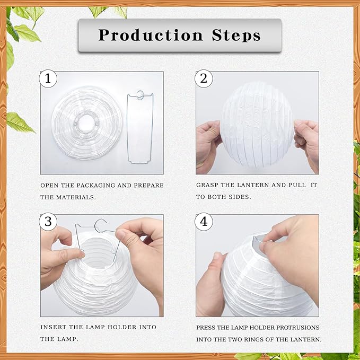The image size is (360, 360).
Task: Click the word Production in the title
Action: click(x=150, y=36)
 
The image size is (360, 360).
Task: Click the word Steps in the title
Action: click(x=234, y=36)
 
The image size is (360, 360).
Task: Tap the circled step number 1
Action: click(x=48, y=80)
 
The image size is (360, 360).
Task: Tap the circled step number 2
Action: click(x=204, y=80)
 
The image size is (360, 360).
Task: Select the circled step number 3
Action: click(x=48, y=222)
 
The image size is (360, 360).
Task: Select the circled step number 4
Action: click(x=204, y=222)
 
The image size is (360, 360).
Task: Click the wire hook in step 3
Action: click(x=101, y=225)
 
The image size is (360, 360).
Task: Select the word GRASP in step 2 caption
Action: click(x=207, y=186)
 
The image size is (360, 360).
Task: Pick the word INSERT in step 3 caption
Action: click(x=53, y=328)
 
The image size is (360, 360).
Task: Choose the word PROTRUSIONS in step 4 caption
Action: click(x=296, y=328)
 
